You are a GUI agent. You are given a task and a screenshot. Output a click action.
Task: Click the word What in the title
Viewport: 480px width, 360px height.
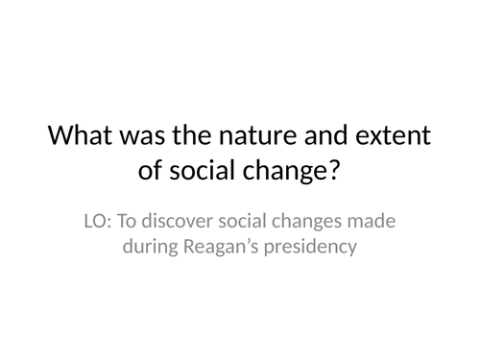pos(82,135)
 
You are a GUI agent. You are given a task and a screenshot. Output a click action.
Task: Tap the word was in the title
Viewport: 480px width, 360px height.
pos(144,135)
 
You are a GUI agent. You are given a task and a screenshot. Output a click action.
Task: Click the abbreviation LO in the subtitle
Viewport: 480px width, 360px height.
pos(97,222)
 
